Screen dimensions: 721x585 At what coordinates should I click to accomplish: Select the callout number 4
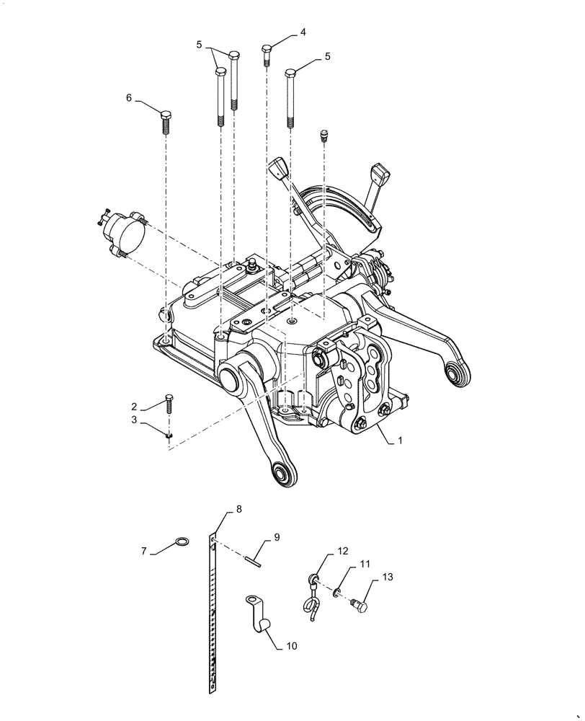(303, 32)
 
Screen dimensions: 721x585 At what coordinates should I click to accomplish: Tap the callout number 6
(129, 98)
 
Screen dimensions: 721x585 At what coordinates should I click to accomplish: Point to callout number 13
(388, 577)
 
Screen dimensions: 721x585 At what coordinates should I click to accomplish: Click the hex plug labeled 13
(358, 607)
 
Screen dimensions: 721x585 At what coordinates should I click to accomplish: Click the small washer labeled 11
(337, 593)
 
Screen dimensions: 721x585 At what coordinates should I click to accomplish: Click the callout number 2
(134, 405)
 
